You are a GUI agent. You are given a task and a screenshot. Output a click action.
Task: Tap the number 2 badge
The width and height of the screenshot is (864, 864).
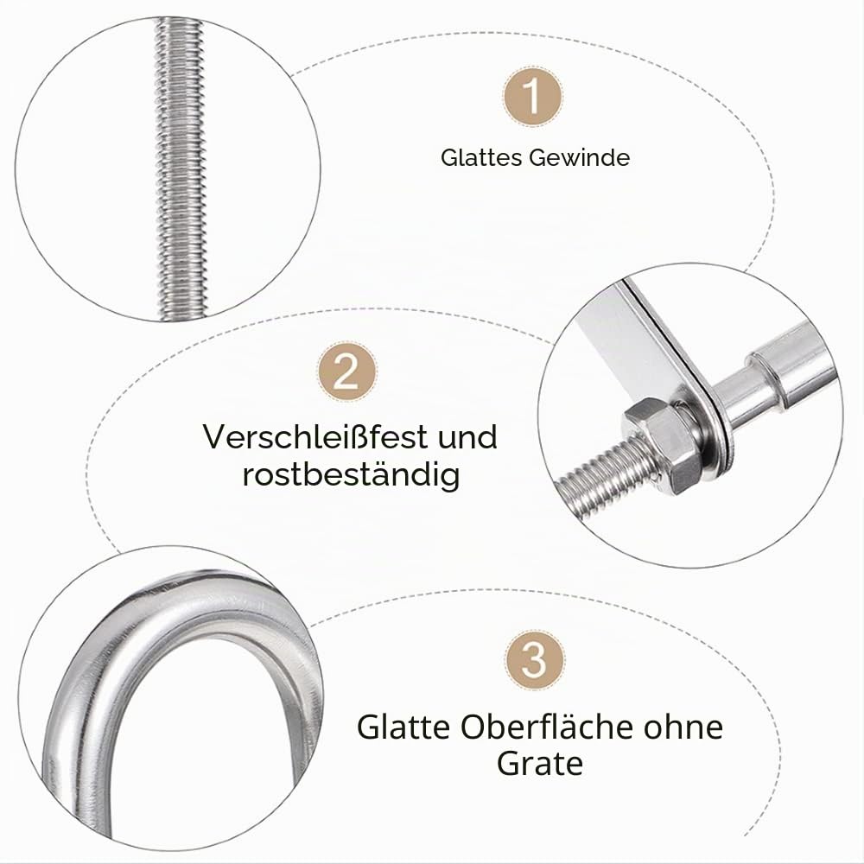346,372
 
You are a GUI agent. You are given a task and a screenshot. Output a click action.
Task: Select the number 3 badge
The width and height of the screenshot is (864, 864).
534,660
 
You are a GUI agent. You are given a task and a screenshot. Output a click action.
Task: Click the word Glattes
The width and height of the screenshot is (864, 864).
481,157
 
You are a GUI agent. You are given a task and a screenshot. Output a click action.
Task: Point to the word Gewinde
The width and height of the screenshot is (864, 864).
579,157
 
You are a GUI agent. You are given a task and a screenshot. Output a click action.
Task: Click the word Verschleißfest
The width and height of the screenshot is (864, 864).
315,436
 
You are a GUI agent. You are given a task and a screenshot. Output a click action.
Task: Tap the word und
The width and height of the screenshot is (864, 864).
467,437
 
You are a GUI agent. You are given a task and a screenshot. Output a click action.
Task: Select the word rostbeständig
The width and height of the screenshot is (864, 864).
351,474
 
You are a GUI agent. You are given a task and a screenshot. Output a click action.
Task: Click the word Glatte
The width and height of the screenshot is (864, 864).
403,727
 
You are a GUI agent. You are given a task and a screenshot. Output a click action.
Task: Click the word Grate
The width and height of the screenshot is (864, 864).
539,765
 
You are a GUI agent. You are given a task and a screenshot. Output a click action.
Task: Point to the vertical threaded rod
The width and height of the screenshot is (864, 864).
181,168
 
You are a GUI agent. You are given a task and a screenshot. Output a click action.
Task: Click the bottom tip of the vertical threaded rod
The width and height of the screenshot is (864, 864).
181,320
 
